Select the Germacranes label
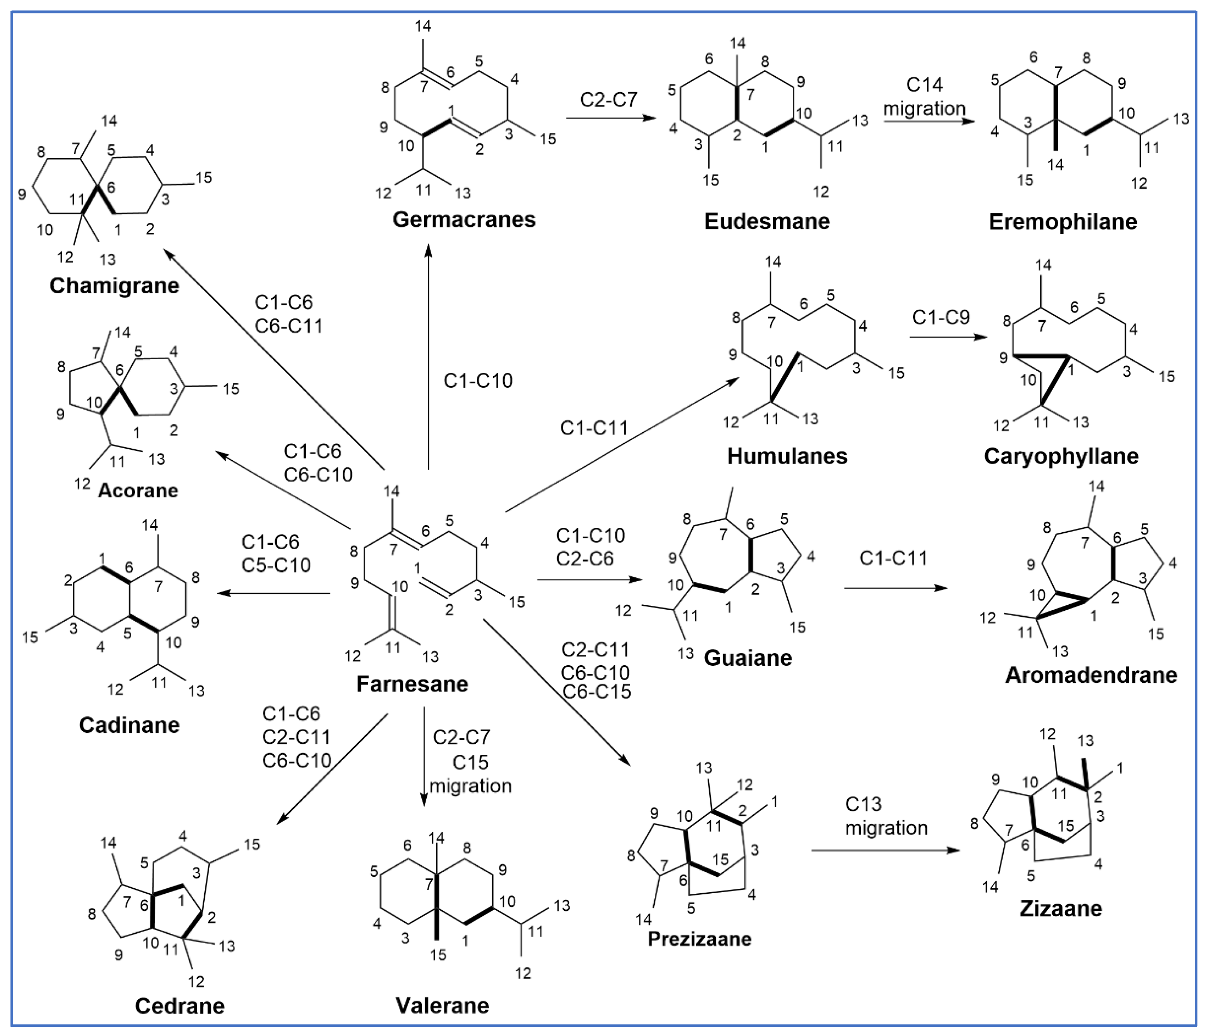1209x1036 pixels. (x=464, y=219)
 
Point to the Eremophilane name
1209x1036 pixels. (x=1063, y=222)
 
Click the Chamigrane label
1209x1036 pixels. (x=115, y=286)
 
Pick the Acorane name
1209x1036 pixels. (x=138, y=490)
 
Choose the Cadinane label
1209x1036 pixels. (x=129, y=725)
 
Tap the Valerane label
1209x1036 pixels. (x=442, y=1005)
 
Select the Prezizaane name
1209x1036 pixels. (x=700, y=938)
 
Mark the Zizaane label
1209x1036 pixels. (x=1061, y=908)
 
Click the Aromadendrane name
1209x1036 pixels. (x=1090, y=675)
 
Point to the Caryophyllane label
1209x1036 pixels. (x=1061, y=456)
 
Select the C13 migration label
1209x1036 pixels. (x=886, y=816)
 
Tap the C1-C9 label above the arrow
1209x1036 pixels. (x=941, y=317)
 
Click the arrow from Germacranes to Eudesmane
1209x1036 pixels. (x=610, y=118)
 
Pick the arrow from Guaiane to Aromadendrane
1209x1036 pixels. (x=895, y=588)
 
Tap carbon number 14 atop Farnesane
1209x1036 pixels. (x=392, y=492)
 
